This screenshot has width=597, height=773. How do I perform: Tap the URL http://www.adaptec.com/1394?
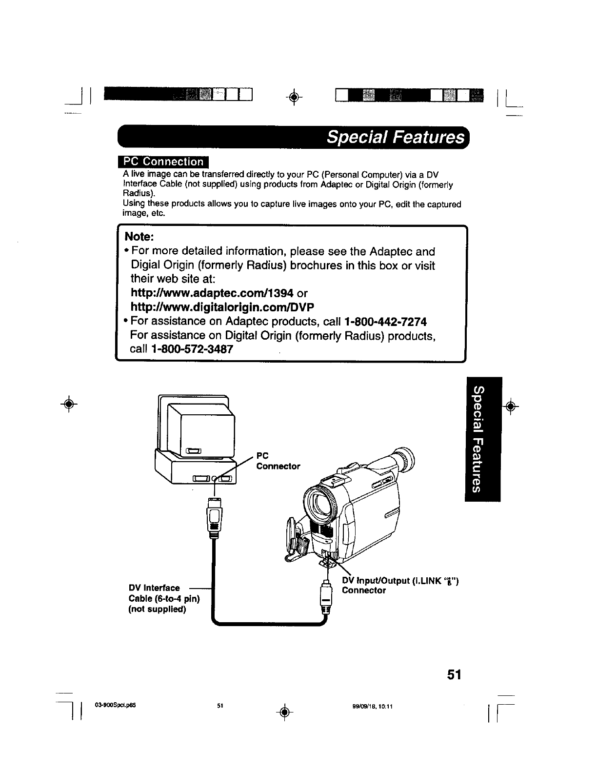(212, 293)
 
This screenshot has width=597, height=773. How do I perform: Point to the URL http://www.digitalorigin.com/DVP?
(222, 307)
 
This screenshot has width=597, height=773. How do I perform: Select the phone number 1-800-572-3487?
(192, 350)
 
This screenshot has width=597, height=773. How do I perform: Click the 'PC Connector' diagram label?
(278, 461)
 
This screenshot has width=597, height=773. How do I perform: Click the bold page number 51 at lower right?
(454, 674)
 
